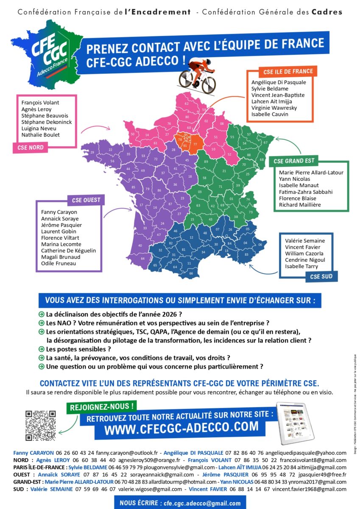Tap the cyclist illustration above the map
[x=198, y=76]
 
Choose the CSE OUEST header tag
[x=85, y=200]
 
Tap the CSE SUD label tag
[x=321, y=277]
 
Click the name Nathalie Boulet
[x=41, y=135]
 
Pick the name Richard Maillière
[x=300, y=205]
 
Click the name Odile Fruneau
[x=59, y=263]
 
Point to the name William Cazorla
[x=304, y=254]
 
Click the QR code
[x=41, y=425]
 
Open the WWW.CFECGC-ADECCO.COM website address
[x=181, y=428]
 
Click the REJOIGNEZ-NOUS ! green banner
[x=102, y=406]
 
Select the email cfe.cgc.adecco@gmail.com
[x=201, y=503]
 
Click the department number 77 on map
[x=195, y=144]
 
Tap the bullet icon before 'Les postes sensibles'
[x=41, y=349]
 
